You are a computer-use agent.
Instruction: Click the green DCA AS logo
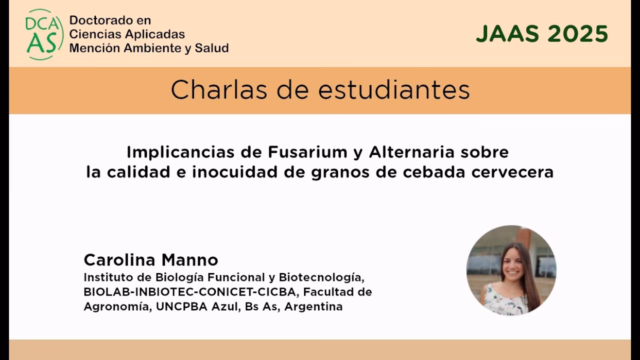pyautogui.click(x=44, y=34)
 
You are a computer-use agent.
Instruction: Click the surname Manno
pyautogui.click(x=190, y=260)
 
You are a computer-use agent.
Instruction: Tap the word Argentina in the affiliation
pyautogui.click(x=313, y=306)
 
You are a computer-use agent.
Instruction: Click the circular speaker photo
pyautogui.click(x=511, y=270)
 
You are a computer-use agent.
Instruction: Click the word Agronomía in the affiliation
pyautogui.click(x=116, y=306)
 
